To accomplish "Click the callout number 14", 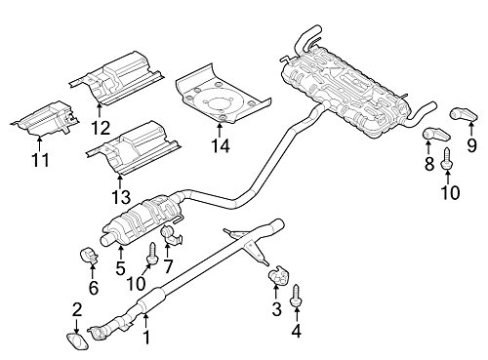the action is (221, 145).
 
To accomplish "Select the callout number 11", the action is (40, 160).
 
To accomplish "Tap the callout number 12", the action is (101, 128).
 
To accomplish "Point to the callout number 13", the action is (121, 197).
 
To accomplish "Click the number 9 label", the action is (471, 145).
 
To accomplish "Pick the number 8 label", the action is (429, 164).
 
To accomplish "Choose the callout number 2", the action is (77, 310).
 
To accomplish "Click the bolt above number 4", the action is (296, 296).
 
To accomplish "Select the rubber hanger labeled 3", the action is (276, 275).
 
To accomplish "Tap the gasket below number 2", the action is (78, 341).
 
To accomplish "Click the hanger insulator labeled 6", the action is (88, 256).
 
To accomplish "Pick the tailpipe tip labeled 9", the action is (465, 114).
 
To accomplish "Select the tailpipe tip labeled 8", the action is (437, 134).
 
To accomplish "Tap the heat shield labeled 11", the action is (46, 119).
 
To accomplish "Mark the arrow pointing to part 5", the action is (121, 254).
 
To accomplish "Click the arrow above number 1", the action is (146, 320).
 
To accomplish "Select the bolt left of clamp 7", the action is (152, 254).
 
